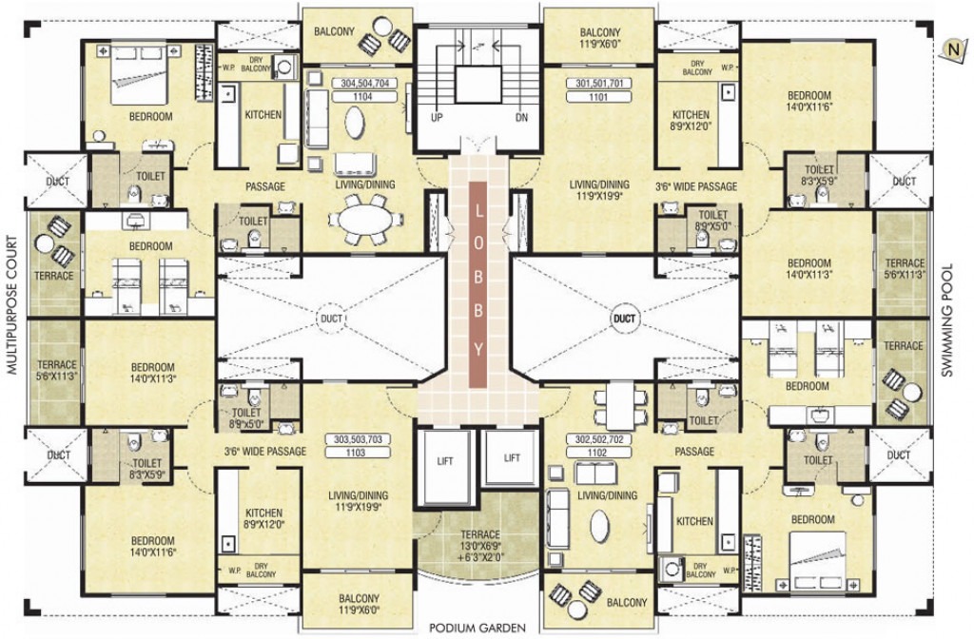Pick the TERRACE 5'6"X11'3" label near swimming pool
pos(904,269)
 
